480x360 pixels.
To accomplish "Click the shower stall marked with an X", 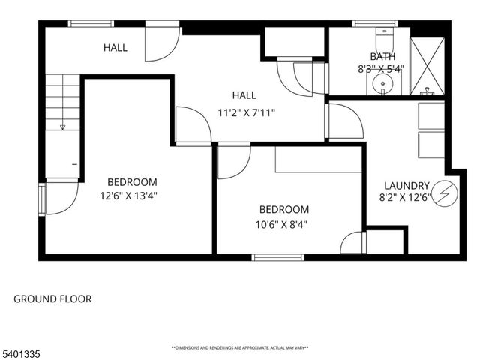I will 427,66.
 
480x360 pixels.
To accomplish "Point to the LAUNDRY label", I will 406,186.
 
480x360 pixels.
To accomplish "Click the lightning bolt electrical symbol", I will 445,193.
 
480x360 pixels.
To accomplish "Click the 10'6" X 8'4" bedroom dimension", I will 283,223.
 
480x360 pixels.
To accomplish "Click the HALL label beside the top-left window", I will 115,48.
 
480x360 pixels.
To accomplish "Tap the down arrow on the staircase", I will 63,126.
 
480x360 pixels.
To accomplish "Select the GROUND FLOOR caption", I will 52,299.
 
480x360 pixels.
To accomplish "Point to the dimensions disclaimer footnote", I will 240,348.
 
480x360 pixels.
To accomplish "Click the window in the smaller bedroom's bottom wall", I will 278,257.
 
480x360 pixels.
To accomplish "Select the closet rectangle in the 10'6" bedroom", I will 319,160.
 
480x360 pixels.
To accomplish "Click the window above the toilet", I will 375,24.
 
